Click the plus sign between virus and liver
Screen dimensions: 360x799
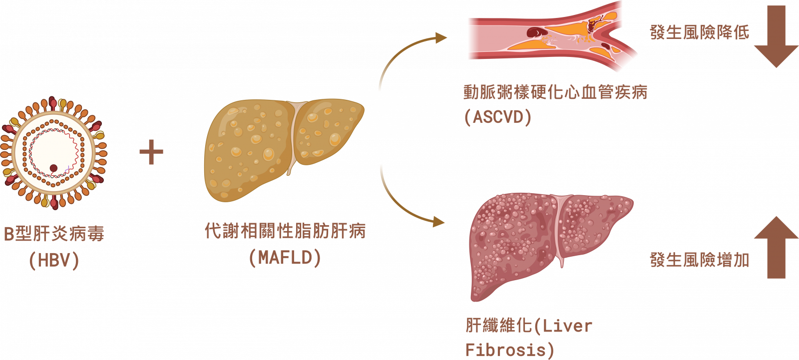151,152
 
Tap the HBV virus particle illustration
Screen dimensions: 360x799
54,152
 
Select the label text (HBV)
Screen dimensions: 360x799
54,260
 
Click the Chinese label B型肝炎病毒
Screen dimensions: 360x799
54,233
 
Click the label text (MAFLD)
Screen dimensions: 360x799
285,258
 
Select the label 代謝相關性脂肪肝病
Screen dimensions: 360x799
285,231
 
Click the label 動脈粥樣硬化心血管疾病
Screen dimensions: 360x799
555,92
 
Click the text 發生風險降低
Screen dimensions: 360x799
699,32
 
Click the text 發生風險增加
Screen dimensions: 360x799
699,260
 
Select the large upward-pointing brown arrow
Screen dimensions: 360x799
776,247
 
